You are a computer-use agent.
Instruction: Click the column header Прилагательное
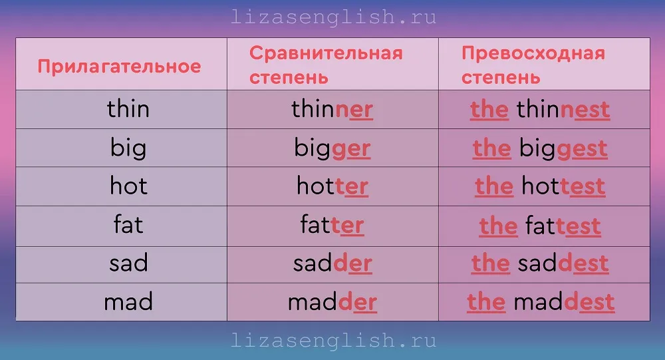(119, 67)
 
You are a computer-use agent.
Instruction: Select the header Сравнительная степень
(326, 65)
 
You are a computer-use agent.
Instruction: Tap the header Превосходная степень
(533, 65)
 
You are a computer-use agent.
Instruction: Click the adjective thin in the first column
(128, 108)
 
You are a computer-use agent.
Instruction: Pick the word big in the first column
(128, 148)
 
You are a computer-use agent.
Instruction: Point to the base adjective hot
(128, 186)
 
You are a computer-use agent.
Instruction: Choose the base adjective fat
(128, 224)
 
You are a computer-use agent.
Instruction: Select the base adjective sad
(128, 263)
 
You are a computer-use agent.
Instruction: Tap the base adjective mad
(128, 301)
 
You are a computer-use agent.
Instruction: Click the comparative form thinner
(332, 109)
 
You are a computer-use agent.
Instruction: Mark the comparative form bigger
(332, 148)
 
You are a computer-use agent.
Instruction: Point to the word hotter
(332, 186)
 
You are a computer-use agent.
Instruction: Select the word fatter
(332, 225)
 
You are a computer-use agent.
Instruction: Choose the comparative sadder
(332, 264)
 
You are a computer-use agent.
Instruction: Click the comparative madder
(332, 302)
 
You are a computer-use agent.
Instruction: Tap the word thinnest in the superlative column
(563, 110)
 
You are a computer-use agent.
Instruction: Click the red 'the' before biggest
(491, 148)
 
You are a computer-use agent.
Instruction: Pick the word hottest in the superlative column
(563, 186)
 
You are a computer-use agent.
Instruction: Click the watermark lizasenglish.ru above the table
(333, 17)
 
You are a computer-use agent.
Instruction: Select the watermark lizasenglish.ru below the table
(333, 341)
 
